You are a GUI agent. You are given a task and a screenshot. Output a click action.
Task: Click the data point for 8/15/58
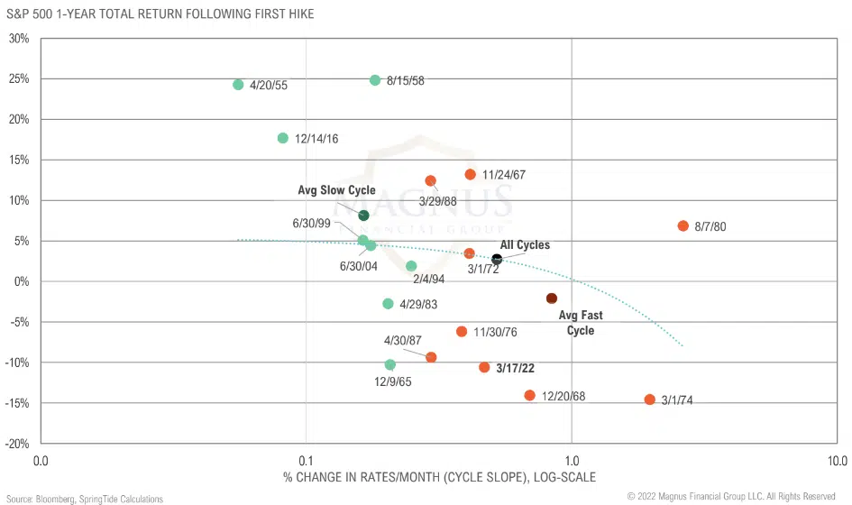click(x=375, y=80)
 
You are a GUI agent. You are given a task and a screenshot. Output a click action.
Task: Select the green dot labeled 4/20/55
click(x=238, y=85)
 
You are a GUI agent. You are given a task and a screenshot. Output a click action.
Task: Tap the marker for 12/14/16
click(x=283, y=138)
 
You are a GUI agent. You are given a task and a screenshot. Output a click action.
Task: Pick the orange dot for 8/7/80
click(x=683, y=225)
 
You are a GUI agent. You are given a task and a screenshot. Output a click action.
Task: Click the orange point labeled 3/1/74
click(x=649, y=399)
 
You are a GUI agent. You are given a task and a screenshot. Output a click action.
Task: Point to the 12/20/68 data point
click(x=529, y=395)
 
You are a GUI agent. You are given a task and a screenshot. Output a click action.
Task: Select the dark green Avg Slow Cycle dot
click(x=363, y=216)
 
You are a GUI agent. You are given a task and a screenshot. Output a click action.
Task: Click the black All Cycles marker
click(x=497, y=259)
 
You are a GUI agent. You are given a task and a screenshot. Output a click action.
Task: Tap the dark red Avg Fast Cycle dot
click(x=552, y=298)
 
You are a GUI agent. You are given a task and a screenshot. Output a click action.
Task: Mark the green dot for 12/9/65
click(x=389, y=364)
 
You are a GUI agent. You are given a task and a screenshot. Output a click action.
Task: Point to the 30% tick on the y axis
click(x=19, y=39)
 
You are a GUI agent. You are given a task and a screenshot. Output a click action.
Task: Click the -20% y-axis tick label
click(x=16, y=444)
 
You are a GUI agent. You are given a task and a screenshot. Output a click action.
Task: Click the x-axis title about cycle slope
click(x=439, y=476)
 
